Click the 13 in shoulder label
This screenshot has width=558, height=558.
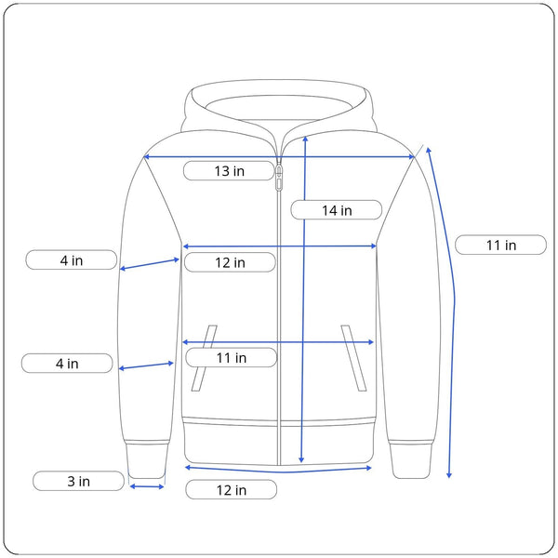(229, 171)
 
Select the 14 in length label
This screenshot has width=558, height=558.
(337, 210)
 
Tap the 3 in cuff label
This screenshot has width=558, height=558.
(79, 481)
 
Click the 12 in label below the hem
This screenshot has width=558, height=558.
(232, 490)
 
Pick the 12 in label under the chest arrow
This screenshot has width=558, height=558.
(230, 262)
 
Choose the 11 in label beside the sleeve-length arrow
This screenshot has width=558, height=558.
(501, 246)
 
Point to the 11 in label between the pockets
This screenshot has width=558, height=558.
(232, 358)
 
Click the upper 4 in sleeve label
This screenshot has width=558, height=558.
(72, 260)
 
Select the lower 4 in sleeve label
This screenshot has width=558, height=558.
(67, 364)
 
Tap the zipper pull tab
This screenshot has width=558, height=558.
(279, 177)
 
